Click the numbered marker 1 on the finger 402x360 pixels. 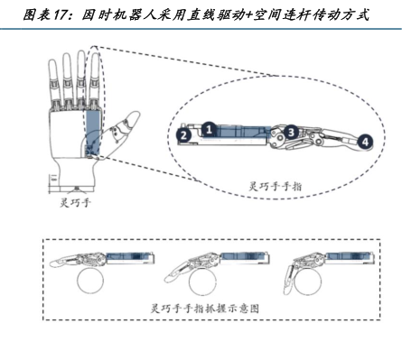[209, 130]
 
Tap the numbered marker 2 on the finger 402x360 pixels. [184, 134]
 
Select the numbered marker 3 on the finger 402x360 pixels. [291, 132]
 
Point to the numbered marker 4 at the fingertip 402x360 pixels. [365, 142]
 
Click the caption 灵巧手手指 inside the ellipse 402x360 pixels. [275, 187]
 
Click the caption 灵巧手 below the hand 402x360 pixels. [75, 202]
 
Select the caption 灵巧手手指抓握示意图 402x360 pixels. [205, 309]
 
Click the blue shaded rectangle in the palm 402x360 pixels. [93, 133]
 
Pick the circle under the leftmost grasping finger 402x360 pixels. [90, 281]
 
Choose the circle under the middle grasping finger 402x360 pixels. [202, 282]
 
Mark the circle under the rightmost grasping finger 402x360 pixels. [308, 282]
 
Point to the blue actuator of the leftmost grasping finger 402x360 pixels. [129, 256]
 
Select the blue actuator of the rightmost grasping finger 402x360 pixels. [349, 256]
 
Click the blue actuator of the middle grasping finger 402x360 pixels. [244, 256]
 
